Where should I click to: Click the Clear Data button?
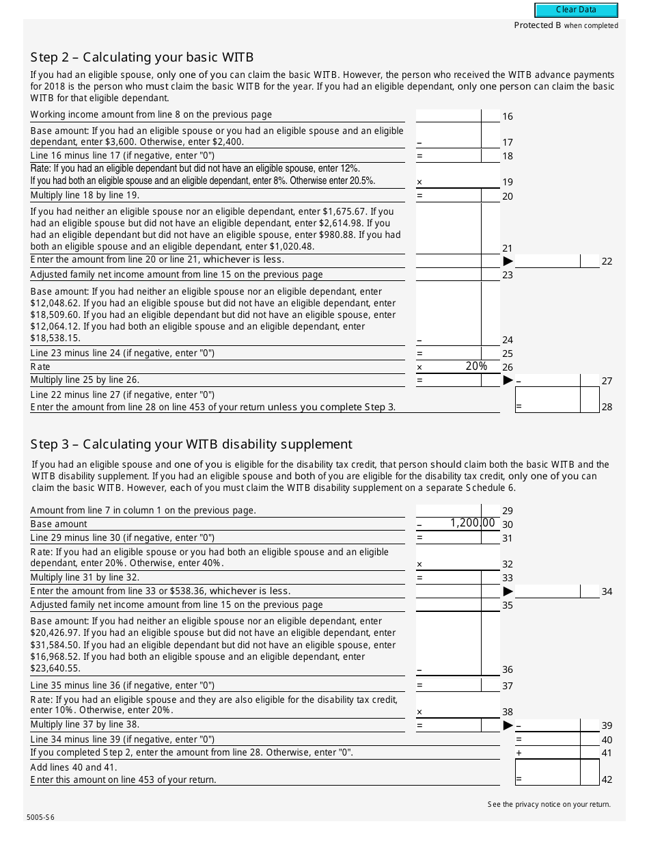576,10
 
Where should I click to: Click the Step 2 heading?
142,57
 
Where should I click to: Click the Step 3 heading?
191,444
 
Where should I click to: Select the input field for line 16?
448,116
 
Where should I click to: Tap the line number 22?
607,262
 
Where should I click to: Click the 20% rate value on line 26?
476,366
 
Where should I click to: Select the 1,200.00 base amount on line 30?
471,523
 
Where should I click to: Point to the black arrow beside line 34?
508,591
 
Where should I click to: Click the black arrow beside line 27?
508,380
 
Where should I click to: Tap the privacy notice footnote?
549,804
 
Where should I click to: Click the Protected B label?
566,25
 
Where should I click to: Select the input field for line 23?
448,275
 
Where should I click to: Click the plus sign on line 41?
519,753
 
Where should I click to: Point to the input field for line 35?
448,604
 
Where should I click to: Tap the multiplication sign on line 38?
419,712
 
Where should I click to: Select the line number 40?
607,740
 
